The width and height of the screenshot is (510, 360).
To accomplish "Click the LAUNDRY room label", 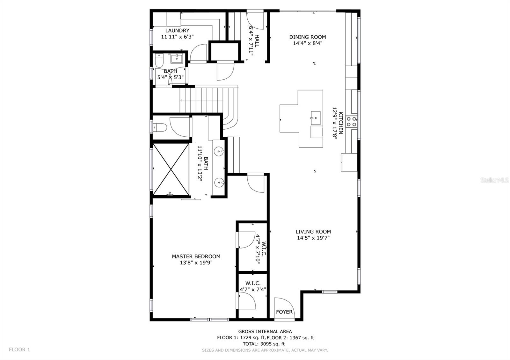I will tap(177, 31).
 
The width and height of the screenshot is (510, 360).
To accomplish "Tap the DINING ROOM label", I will tap(308, 37).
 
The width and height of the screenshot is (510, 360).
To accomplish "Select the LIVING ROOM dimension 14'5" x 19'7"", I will tap(313, 238).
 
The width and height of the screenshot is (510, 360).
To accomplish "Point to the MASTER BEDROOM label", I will tap(196, 256).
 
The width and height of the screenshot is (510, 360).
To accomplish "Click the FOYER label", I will tap(284, 312).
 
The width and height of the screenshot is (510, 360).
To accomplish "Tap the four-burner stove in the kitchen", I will tap(352, 122).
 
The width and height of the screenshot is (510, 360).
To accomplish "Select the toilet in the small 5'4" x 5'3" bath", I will tap(159, 60).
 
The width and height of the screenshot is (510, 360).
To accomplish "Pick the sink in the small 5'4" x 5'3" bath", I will tap(176, 58).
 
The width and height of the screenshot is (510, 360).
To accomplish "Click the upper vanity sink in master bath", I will tap(219, 151).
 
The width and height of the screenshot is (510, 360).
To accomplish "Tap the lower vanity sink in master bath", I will tap(219, 183).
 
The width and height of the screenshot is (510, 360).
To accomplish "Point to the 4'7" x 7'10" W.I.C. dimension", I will tap(258, 248).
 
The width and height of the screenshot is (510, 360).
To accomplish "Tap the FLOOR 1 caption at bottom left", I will tap(19, 349).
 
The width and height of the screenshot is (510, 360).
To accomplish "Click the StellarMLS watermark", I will tap(494, 180).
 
